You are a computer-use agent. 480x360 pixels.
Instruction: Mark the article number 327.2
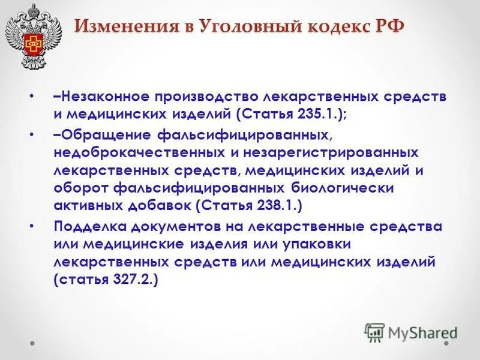132,280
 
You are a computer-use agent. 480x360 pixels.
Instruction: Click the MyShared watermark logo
410,331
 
